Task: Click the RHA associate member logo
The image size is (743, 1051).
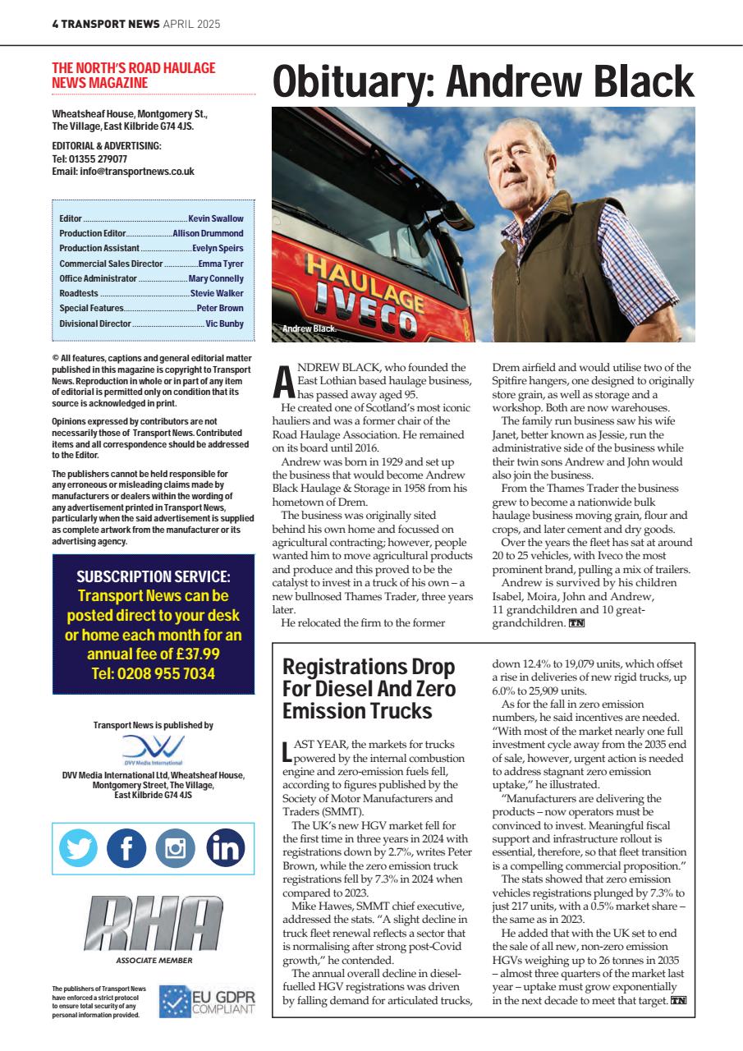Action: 153,925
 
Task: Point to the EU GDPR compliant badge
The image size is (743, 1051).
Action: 207,1001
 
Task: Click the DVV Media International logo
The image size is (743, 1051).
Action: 153,750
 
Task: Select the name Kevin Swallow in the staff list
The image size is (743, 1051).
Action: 216,219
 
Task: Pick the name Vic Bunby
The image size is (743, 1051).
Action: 224,324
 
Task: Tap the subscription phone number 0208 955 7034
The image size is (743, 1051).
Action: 153,674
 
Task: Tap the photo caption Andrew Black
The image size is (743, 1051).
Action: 309,329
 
